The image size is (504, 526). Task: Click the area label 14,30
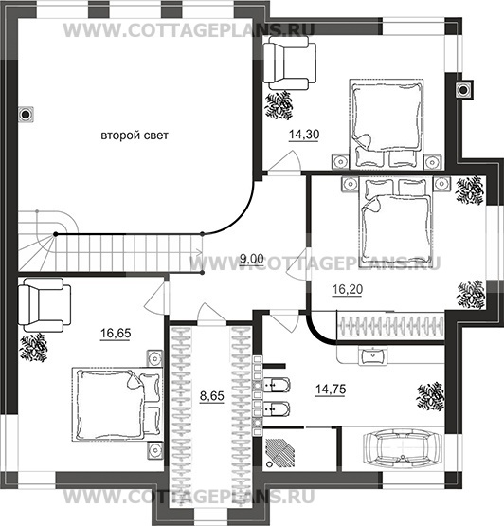coord(304,135)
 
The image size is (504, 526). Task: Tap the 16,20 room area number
coord(348,289)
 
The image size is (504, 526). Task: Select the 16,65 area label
coord(116,333)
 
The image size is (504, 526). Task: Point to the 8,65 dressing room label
coord(212,396)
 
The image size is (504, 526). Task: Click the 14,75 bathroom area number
coord(331,390)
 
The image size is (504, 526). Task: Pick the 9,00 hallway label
coord(252,259)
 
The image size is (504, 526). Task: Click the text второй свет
coord(135,136)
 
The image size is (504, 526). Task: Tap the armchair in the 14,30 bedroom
coord(290,63)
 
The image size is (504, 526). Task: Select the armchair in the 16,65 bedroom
coord(45,305)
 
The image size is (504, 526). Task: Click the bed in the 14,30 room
coord(387,124)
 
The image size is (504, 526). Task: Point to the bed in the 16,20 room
coord(396,222)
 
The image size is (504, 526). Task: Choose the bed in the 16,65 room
coord(117,405)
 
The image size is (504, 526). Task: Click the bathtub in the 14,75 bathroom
coord(403,448)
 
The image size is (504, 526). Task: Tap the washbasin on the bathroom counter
coord(372,355)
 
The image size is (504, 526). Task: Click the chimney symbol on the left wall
coord(26,115)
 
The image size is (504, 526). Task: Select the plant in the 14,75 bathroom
coord(430,396)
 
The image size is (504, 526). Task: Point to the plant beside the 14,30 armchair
coord(279,104)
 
